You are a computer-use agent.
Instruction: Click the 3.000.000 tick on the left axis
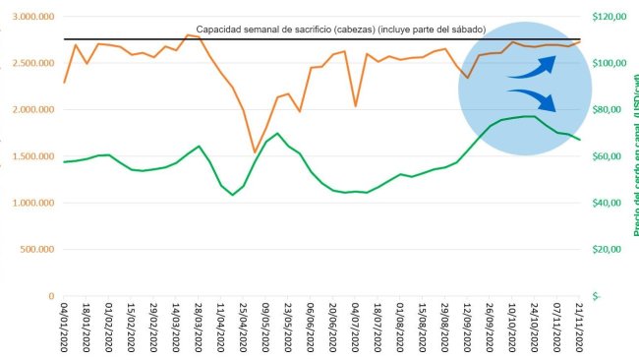coord(29,17)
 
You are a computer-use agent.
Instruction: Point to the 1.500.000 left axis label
coord(29,156)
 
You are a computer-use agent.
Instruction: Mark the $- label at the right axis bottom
coord(597,296)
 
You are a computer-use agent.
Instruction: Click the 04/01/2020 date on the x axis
coord(65,330)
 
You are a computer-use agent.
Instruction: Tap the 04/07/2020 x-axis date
coord(355,330)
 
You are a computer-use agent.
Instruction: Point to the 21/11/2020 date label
coord(578,330)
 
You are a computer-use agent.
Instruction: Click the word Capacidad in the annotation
coord(221,30)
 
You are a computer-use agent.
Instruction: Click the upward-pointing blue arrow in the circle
coord(533,66)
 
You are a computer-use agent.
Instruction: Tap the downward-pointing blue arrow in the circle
coord(533,99)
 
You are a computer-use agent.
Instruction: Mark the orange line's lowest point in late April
coord(255,152)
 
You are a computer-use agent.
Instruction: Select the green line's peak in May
coord(277,134)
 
